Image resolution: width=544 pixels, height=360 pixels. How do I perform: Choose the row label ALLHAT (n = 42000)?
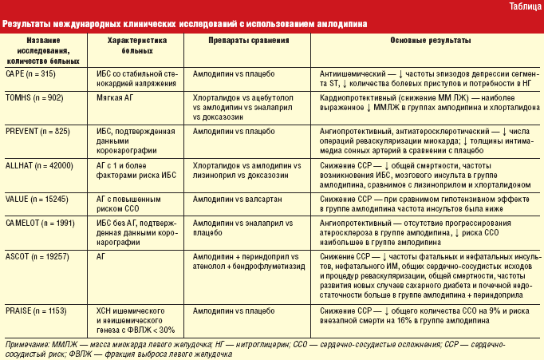click(x=39, y=164)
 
